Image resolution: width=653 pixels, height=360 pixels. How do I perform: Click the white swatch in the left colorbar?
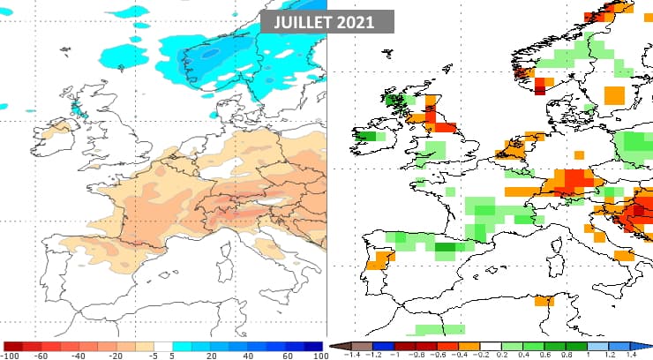[x=163, y=346]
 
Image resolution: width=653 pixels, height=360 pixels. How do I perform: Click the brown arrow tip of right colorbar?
[x=334, y=347]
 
